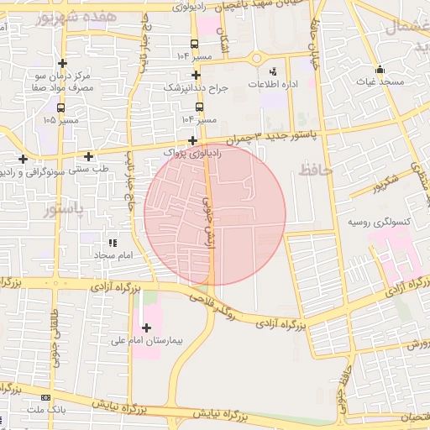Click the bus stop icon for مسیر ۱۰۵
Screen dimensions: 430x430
[60, 107]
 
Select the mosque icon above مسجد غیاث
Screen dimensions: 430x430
[380, 70]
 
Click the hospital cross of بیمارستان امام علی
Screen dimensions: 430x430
[147, 328]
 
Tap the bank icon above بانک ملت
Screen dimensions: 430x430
[45, 397]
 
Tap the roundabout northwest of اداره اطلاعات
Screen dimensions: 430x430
[256, 58]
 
